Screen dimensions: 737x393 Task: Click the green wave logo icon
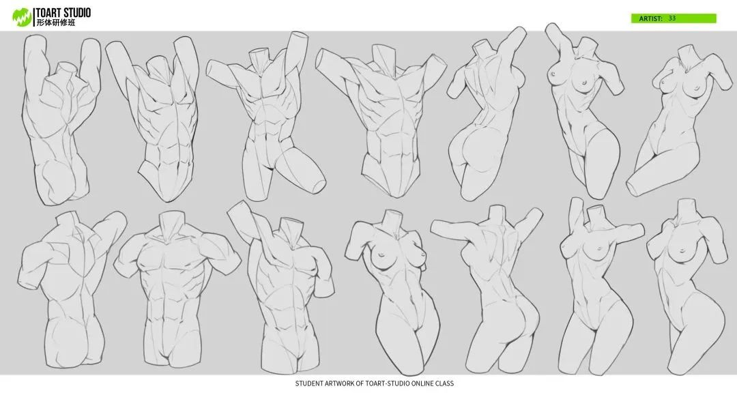[22, 17]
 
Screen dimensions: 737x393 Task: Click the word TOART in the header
[51, 13]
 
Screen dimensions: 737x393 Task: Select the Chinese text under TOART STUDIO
[56, 23]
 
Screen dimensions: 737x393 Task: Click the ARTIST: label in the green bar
[650, 19]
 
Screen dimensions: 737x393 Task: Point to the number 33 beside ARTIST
[672, 18]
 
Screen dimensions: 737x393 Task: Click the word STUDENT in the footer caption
[309, 383]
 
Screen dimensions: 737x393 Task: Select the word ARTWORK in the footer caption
[339, 383]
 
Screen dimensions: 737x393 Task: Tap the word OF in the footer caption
[360, 383]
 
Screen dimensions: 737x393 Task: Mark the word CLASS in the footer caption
[444, 383]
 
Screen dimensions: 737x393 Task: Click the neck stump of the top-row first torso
[66, 69]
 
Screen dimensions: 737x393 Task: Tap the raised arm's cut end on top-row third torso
[299, 37]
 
